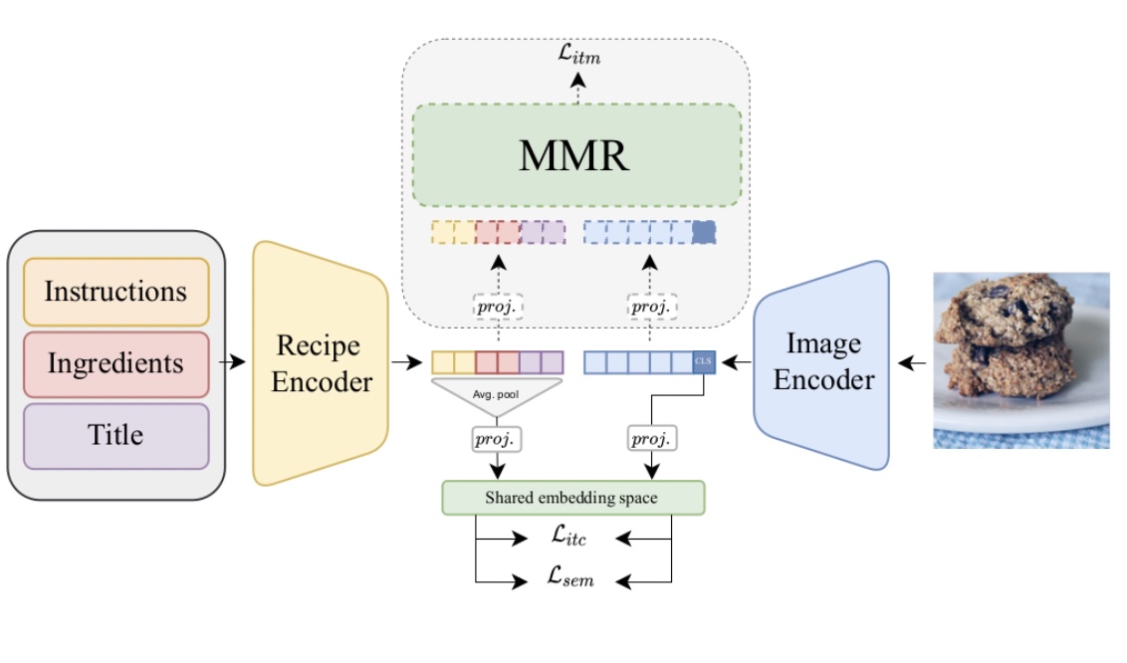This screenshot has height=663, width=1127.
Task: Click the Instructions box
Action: coord(115,292)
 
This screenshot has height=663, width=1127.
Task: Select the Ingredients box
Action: coord(115,363)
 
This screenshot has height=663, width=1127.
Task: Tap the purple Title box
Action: coord(115,435)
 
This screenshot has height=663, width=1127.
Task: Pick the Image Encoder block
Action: coord(823,363)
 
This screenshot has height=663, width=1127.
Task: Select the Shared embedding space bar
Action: coord(572,498)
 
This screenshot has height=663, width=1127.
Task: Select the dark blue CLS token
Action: coord(704,362)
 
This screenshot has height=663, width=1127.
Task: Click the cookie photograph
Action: coord(1020,359)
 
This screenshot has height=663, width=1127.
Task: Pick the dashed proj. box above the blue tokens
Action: coord(651,308)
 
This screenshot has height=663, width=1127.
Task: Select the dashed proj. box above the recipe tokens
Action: coord(498,308)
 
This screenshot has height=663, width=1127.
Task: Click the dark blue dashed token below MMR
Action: coord(704,233)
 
